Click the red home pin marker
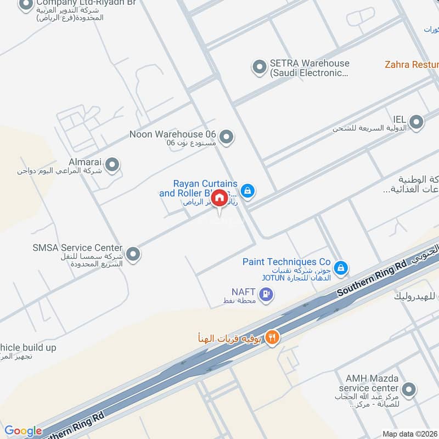(x=219, y=198)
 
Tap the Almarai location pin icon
(x=112, y=164)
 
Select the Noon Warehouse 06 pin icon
(x=226, y=136)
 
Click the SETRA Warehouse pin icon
(x=259, y=67)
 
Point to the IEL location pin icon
(x=417, y=122)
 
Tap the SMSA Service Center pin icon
(x=133, y=254)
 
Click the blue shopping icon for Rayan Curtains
(x=248, y=190)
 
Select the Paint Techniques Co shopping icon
(x=341, y=268)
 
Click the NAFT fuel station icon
(x=267, y=295)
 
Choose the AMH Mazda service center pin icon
(x=408, y=390)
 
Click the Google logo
(x=23, y=431)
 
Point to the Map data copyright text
(x=410, y=434)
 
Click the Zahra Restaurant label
(x=411, y=64)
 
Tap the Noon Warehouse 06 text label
(x=173, y=134)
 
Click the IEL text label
(x=398, y=119)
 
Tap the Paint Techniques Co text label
(x=286, y=262)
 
